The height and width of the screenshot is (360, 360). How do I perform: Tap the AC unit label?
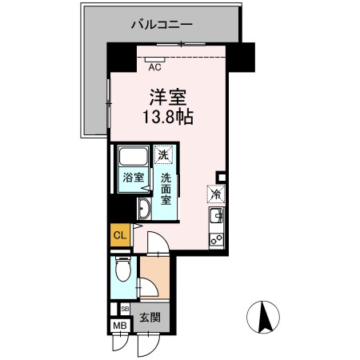(155, 67)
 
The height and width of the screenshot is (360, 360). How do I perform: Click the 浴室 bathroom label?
(133, 178)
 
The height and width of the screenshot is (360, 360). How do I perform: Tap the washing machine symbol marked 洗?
(164, 154)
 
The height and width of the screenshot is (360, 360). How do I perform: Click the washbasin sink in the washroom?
(144, 210)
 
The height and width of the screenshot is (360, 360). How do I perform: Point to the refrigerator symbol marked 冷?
(215, 193)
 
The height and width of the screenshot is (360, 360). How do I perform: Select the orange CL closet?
(119, 235)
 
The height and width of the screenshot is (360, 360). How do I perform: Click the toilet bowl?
(122, 272)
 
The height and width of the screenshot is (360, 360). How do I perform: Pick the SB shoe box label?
(124, 308)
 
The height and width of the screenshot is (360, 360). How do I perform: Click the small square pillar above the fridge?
(221, 178)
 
